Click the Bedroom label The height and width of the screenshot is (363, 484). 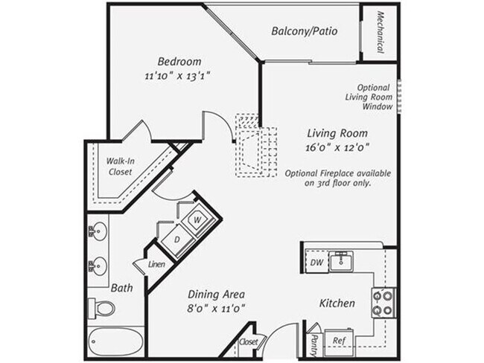[179, 61]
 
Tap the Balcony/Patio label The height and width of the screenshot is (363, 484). [304, 31]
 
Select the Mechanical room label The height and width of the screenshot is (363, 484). [379, 32]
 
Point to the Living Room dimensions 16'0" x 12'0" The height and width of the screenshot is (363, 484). [338, 147]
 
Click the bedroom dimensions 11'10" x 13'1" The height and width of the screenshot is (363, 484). [179, 75]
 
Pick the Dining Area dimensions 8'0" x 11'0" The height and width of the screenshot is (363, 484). [216, 306]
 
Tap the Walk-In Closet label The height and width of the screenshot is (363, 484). [119, 166]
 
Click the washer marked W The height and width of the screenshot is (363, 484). [197, 220]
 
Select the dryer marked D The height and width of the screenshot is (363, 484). [177, 239]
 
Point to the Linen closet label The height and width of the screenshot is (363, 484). [156, 264]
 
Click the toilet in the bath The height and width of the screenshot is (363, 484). [104, 306]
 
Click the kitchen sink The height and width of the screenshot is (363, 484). [343, 260]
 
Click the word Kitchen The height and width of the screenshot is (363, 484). [337, 303]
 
